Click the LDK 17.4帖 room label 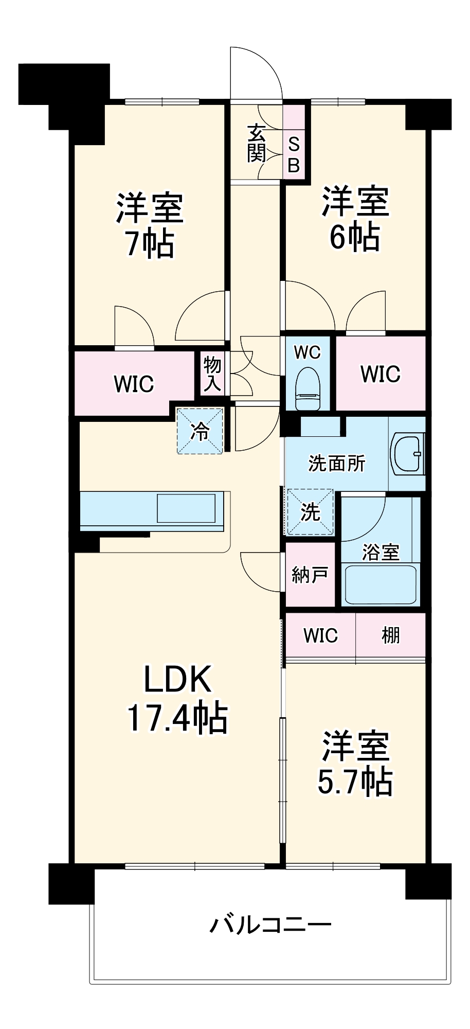(177, 698)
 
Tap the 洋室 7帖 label (150, 225)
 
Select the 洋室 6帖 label (355, 219)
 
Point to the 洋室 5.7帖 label (355, 764)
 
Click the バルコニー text (270, 926)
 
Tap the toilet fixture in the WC (308, 388)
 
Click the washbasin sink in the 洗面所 (408, 453)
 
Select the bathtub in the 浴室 (381, 584)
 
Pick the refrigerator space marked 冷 (200, 431)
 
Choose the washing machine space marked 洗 (310, 511)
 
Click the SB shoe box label (294, 154)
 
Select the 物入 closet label (212, 374)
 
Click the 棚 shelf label (390, 635)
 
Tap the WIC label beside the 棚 (320, 635)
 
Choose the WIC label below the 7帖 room (134, 384)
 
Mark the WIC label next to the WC (381, 374)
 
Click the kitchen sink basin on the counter (186, 508)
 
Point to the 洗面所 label (337, 464)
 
